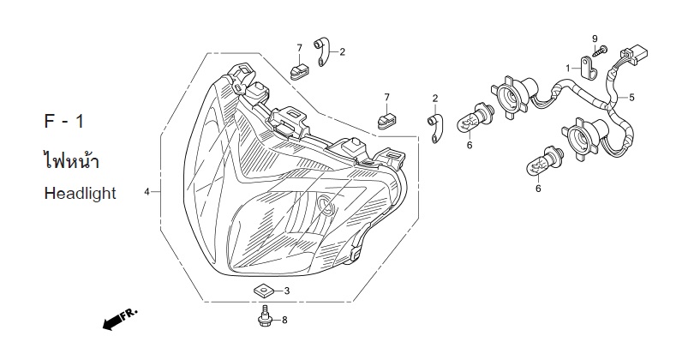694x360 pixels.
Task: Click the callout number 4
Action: tap(147, 192)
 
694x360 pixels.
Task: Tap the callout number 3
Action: tap(287, 291)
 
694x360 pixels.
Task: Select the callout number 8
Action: tap(284, 320)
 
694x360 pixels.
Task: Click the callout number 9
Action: tap(595, 39)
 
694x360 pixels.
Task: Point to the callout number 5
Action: tap(631, 97)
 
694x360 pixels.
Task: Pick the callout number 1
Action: tap(568, 68)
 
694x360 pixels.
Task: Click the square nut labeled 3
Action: tap(262, 291)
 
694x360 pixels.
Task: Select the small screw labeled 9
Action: tap(601, 51)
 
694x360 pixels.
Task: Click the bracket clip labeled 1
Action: tap(589, 68)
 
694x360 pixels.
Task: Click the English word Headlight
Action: tap(81, 194)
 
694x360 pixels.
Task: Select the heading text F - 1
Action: tap(63, 122)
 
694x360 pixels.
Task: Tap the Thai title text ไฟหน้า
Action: tap(71, 159)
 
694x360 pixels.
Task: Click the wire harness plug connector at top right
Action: tap(635, 54)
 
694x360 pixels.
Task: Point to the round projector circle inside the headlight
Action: tap(326, 205)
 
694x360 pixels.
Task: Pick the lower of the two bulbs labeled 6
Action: tap(543, 162)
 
